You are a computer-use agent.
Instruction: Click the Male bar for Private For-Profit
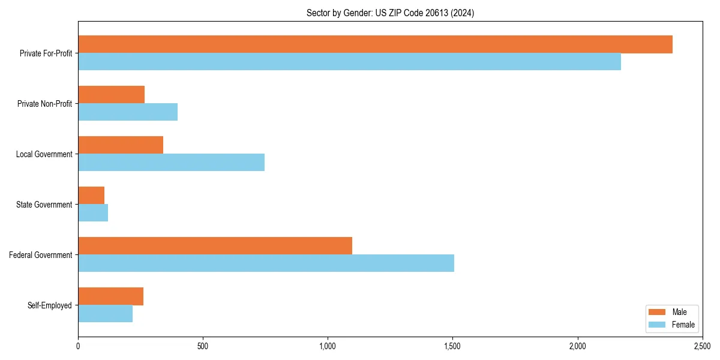[x=375, y=44]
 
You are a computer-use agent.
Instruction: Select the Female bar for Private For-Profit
[x=349, y=62]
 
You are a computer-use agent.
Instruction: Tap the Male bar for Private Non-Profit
[x=111, y=95]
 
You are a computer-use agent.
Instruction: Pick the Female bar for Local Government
[x=171, y=163]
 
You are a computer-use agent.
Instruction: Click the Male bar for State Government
[x=91, y=196]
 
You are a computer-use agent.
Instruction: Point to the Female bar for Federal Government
[x=266, y=263]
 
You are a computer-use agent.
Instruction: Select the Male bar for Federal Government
[x=215, y=246]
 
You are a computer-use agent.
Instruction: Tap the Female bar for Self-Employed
[x=105, y=314]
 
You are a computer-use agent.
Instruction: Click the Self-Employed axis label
[x=50, y=305]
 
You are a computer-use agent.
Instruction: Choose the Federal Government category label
[x=41, y=255]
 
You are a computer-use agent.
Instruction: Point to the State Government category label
[x=44, y=205]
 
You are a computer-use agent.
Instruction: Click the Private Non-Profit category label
[x=44, y=104]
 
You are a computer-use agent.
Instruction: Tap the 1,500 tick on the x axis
[x=452, y=346]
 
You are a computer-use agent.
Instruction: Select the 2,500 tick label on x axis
[x=702, y=346]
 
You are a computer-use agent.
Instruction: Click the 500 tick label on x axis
[x=203, y=346]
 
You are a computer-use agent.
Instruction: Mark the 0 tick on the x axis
[x=78, y=346]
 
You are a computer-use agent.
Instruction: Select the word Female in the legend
[x=683, y=325]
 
